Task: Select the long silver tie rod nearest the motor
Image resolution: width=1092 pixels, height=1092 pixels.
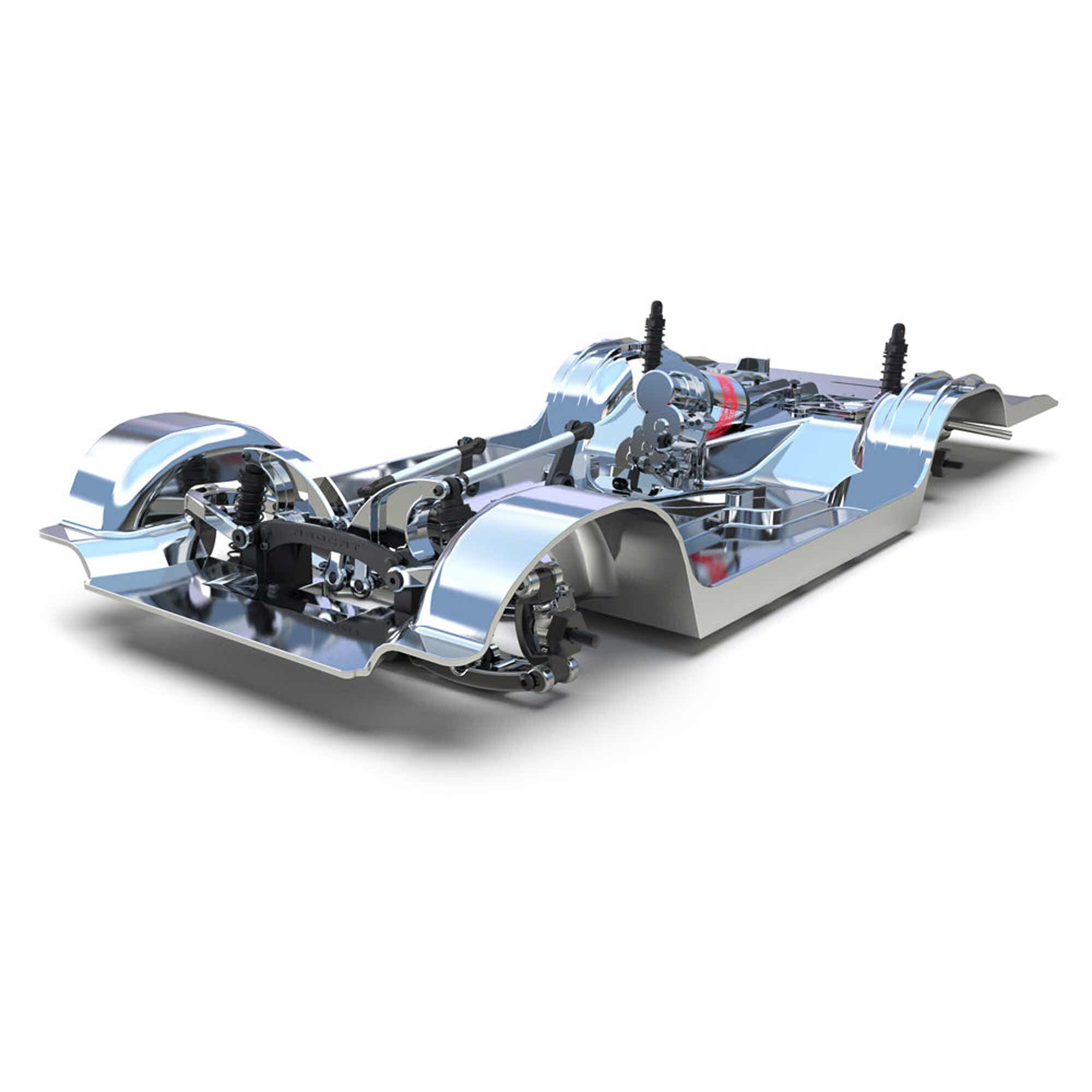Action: (520, 452)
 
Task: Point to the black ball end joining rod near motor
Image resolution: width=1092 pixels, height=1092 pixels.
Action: (582, 430)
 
